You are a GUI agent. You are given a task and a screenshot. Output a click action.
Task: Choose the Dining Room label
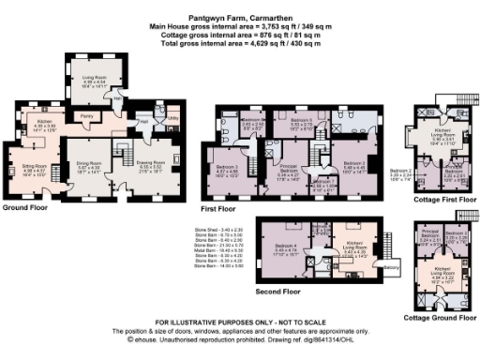pyautogui.click(x=89, y=166)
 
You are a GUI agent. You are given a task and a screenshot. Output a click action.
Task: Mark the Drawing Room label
pyautogui.click(x=153, y=165)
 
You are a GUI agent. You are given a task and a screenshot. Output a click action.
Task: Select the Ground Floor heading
pyautogui.click(x=25, y=208)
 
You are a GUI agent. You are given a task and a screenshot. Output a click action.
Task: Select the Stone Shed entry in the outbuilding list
pyautogui.click(x=217, y=230)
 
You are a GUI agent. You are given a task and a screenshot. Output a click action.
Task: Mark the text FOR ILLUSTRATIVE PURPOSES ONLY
pyautogui.click(x=239, y=322)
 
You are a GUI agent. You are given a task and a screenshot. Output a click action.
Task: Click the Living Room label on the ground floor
pyautogui.click(x=94, y=81)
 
